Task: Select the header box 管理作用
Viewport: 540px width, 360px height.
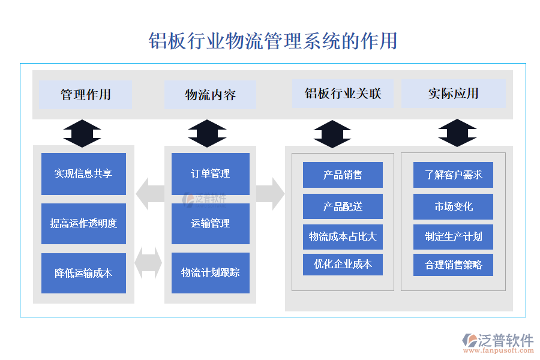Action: tap(85, 95)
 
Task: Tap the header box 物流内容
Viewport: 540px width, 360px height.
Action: tap(210, 95)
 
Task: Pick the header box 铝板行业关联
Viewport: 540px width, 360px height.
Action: tap(343, 94)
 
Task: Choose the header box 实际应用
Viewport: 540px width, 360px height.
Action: tap(453, 94)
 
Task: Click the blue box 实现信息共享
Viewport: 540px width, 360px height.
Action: tap(83, 174)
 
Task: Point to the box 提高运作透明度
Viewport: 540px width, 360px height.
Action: tap(83, 224)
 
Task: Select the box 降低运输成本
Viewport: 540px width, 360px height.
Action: tap(83, 273)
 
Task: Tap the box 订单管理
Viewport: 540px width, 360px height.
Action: tap(210, 174)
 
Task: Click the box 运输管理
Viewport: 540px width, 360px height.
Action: tap(210, 224)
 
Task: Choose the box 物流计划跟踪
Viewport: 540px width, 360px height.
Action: tap(210, 273)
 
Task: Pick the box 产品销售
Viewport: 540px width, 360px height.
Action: tap(343, 175)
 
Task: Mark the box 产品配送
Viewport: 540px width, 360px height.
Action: tap(343, 206)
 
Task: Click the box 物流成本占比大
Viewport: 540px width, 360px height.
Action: tap(343, 236)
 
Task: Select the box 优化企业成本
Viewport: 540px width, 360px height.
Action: tap(343, 265)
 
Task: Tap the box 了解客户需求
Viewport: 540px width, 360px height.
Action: tap(453, 175)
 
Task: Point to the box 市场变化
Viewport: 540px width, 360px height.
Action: tap(453, 206)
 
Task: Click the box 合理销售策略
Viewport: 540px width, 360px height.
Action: tap(453, 265)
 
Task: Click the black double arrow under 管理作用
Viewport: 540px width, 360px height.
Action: tap(82, 133)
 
